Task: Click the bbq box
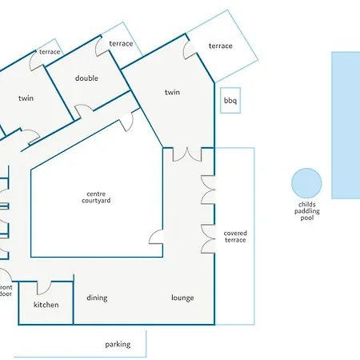tap(230, 100)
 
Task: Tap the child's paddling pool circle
tap(306, 183)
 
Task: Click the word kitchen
tap(46, 305)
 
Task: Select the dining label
tap(97, 298)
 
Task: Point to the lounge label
tap(182, 298)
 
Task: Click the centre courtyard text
tap(96, 198)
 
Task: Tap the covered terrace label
tap(235, 237)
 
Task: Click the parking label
tap(118, 344)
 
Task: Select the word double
tap(86, 78)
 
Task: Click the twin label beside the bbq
tap(172, 92)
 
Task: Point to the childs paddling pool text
tap(307, 211)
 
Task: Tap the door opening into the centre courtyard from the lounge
tap(156, 237)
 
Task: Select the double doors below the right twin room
tap(187, 154)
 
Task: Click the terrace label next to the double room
tap(121, 43)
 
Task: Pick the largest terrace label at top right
tap(221, 46)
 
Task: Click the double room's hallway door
tap(84, 110)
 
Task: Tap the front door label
tap(6, 290)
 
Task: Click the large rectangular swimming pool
tap(346, 125)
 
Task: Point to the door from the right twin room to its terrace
tap(190, 50)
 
